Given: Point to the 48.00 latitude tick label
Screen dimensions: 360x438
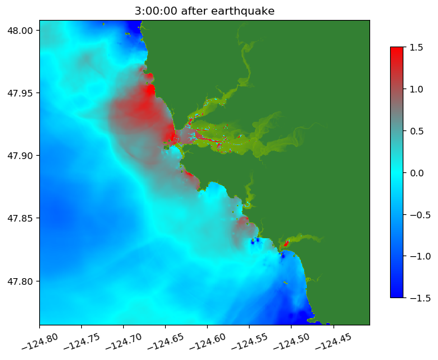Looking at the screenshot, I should [x=22, y=31].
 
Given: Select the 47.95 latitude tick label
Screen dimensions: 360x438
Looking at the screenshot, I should [x=22, y=93].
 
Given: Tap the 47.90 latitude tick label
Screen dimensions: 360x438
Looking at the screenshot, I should [x=22, y=156].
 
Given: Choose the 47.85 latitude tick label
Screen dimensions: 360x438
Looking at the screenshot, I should [x=22, y=218].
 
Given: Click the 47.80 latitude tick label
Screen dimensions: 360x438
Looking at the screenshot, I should [x=22, y=281].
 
